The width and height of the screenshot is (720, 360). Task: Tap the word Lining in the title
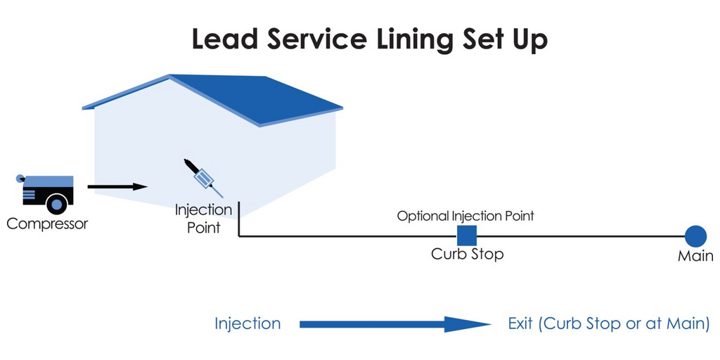(410, 41)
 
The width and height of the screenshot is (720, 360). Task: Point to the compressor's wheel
(56, 204)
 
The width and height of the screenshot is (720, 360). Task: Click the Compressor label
(47, 224)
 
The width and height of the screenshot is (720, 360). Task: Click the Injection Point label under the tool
(203, 218)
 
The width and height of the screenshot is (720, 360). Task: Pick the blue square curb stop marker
(467, 236)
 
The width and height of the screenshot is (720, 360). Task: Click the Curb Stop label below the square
(467, 254)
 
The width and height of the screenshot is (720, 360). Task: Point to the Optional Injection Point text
(465, 216)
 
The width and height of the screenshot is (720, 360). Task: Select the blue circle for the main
(695, 236)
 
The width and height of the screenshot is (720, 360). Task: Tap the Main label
(695, 257)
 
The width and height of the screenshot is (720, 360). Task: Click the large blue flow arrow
(394, 324)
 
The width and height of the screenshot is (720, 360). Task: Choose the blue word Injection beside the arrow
(247, 323)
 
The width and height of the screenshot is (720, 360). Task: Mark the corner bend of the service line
(240, 236)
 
